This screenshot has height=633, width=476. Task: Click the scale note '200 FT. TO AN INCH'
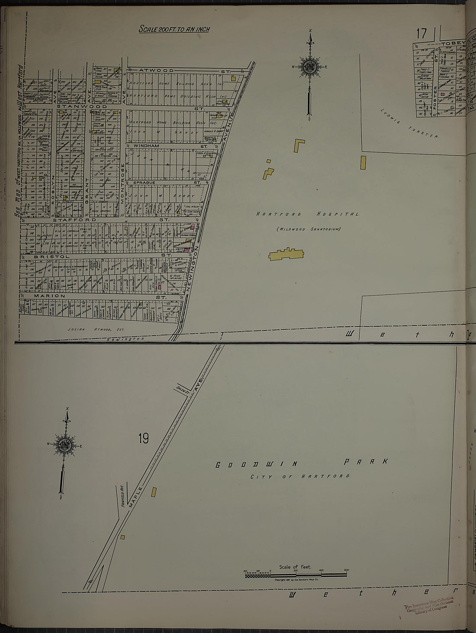click(x=174, y=29)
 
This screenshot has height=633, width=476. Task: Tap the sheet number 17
click(x=421, y=33)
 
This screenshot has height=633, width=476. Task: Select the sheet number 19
click(x=143, y=438)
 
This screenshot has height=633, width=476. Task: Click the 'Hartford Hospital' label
click(x=307, y=214)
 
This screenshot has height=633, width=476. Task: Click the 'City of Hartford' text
click(x=300, y=476)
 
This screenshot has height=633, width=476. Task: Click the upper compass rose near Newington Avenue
click(x=310, y=67)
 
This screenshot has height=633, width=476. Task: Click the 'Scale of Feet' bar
click(x=296, y=574)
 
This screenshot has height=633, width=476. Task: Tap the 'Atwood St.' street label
click(x=156, y=70)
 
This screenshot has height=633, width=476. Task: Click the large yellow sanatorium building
click(x=286, y=254)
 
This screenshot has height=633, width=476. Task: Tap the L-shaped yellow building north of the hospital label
click(x=299, y=145)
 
